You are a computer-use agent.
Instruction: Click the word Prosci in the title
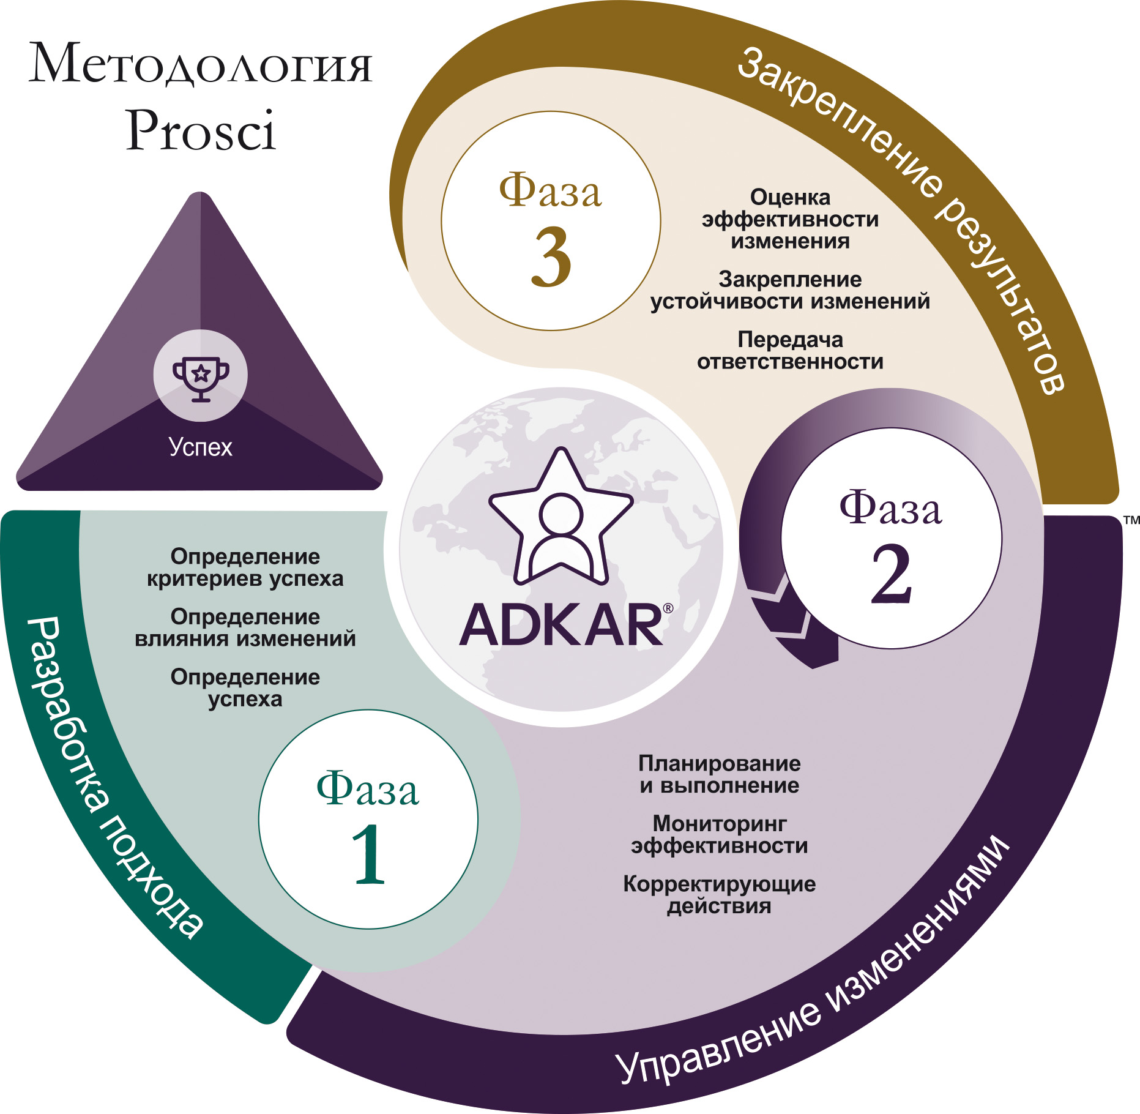click(x=201, y=130)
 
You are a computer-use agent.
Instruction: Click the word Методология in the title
click(x=200, y=64)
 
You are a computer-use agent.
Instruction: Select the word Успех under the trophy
click(x=201, y=447)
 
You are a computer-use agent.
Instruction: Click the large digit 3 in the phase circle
click(x=551, y=257)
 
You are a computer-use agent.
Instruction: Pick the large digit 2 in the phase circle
click(x=892, y=574)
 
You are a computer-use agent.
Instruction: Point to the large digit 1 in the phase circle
click(x=369, y=854)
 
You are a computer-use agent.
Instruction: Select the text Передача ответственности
click(x=790, y=350)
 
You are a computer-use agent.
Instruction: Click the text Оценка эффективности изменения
click(x=790, y=219)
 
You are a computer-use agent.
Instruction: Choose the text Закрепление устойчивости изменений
click(x=790, y=290)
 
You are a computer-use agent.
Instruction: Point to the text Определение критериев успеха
click(x=245, y=567)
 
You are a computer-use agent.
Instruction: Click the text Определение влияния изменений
click(x=245, y=627)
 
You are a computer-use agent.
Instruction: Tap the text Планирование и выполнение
click(x=720, y=774)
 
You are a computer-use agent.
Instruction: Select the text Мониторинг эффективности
click(x=720, y=835)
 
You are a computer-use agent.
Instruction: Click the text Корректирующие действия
click(x=720, y=895)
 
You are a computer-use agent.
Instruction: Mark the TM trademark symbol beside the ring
click(x=1131, y=520)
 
